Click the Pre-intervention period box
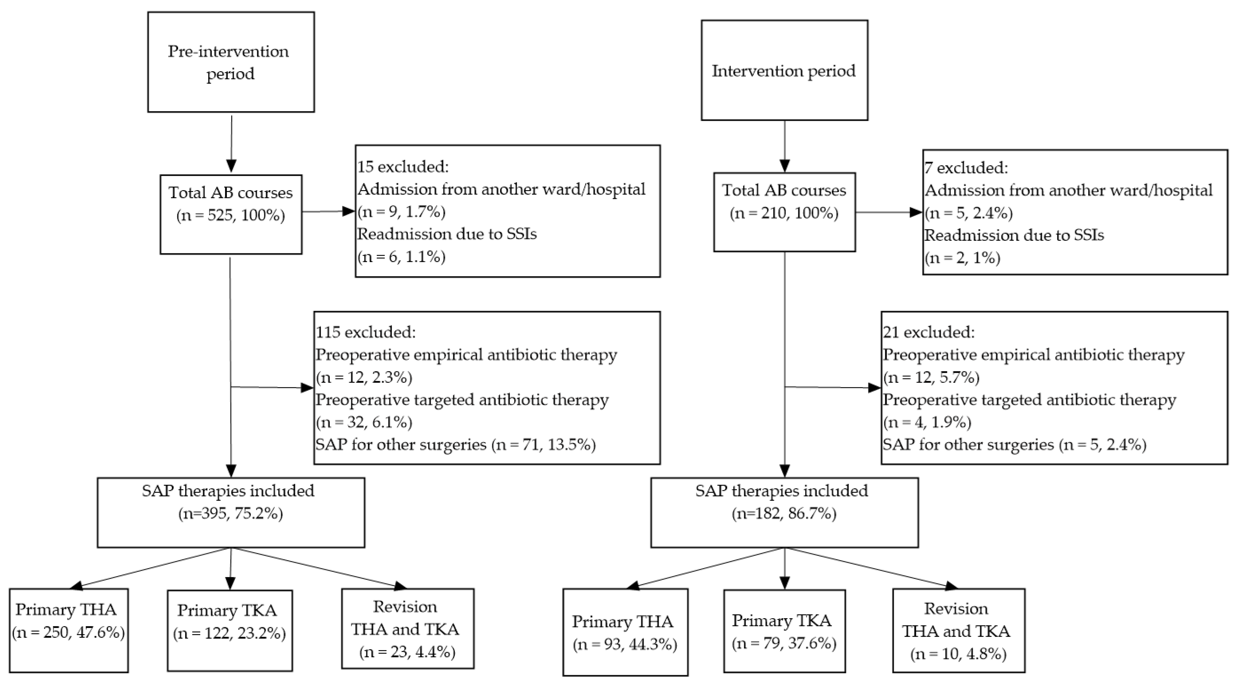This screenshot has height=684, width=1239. click(231, 62)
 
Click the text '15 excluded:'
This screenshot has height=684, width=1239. click(403, 167)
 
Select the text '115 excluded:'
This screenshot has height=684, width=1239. click(366, 332)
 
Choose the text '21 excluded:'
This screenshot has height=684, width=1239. click(929, 332)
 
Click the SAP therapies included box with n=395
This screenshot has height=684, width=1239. click(231, 512)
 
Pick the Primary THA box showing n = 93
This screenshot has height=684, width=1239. click(625, 632)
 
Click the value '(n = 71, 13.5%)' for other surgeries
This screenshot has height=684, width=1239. click(543, 444)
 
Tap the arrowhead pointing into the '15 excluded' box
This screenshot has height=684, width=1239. click(348, 211)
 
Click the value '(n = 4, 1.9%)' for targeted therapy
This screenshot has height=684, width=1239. click(927, 422)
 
